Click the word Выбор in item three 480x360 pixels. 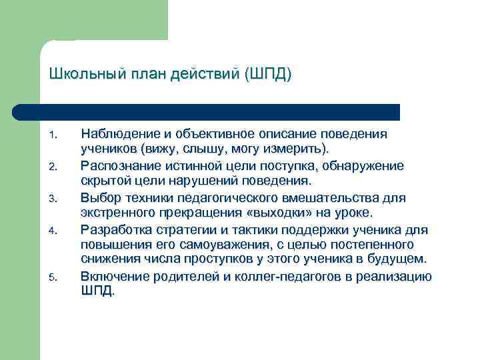point(98,198)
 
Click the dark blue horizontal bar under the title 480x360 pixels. point(220,111)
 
